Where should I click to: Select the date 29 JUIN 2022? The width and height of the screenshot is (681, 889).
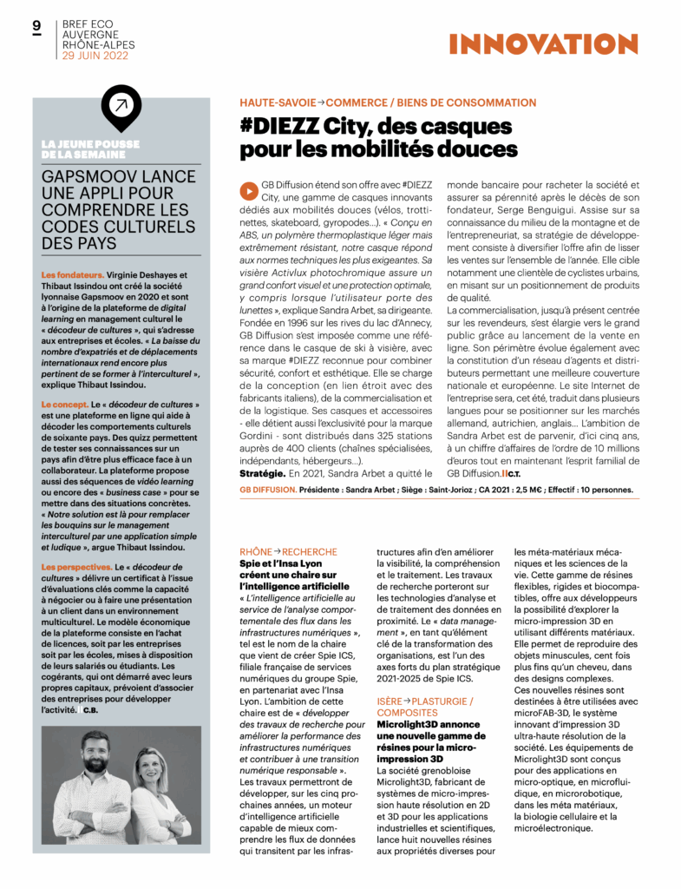95,56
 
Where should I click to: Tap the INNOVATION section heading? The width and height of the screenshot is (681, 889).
556,43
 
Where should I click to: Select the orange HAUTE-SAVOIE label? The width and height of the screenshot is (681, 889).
278,102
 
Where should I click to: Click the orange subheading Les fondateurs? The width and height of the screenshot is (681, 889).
73,275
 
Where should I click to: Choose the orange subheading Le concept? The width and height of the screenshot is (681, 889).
66,405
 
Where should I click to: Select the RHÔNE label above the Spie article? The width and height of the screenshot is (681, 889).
255,552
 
